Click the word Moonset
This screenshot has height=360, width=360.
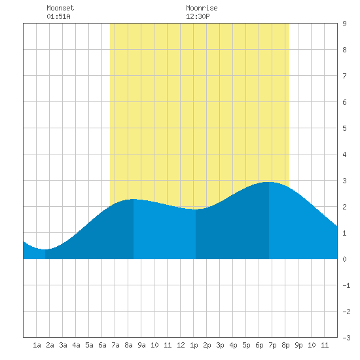60,8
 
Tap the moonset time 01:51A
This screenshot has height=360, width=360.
58,16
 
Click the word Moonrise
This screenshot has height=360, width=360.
202,8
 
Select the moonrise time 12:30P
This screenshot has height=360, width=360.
198,16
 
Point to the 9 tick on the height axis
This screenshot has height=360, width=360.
344,24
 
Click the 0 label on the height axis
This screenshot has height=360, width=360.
344,259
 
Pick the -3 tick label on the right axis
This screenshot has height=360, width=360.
346,338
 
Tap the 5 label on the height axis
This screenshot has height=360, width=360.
344,128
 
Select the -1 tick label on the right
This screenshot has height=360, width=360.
346,285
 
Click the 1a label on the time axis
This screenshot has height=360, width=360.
37,345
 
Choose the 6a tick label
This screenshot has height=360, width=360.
102,345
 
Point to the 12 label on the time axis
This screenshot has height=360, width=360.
181,345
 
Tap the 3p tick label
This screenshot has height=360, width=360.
220,345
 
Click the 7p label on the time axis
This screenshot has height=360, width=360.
272,345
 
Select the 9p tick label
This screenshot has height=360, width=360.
298,345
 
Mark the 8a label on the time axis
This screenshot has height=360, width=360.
128,345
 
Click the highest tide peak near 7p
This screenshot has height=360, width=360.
269,182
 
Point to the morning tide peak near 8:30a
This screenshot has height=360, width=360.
134,199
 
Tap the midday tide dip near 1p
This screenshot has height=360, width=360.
196,209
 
